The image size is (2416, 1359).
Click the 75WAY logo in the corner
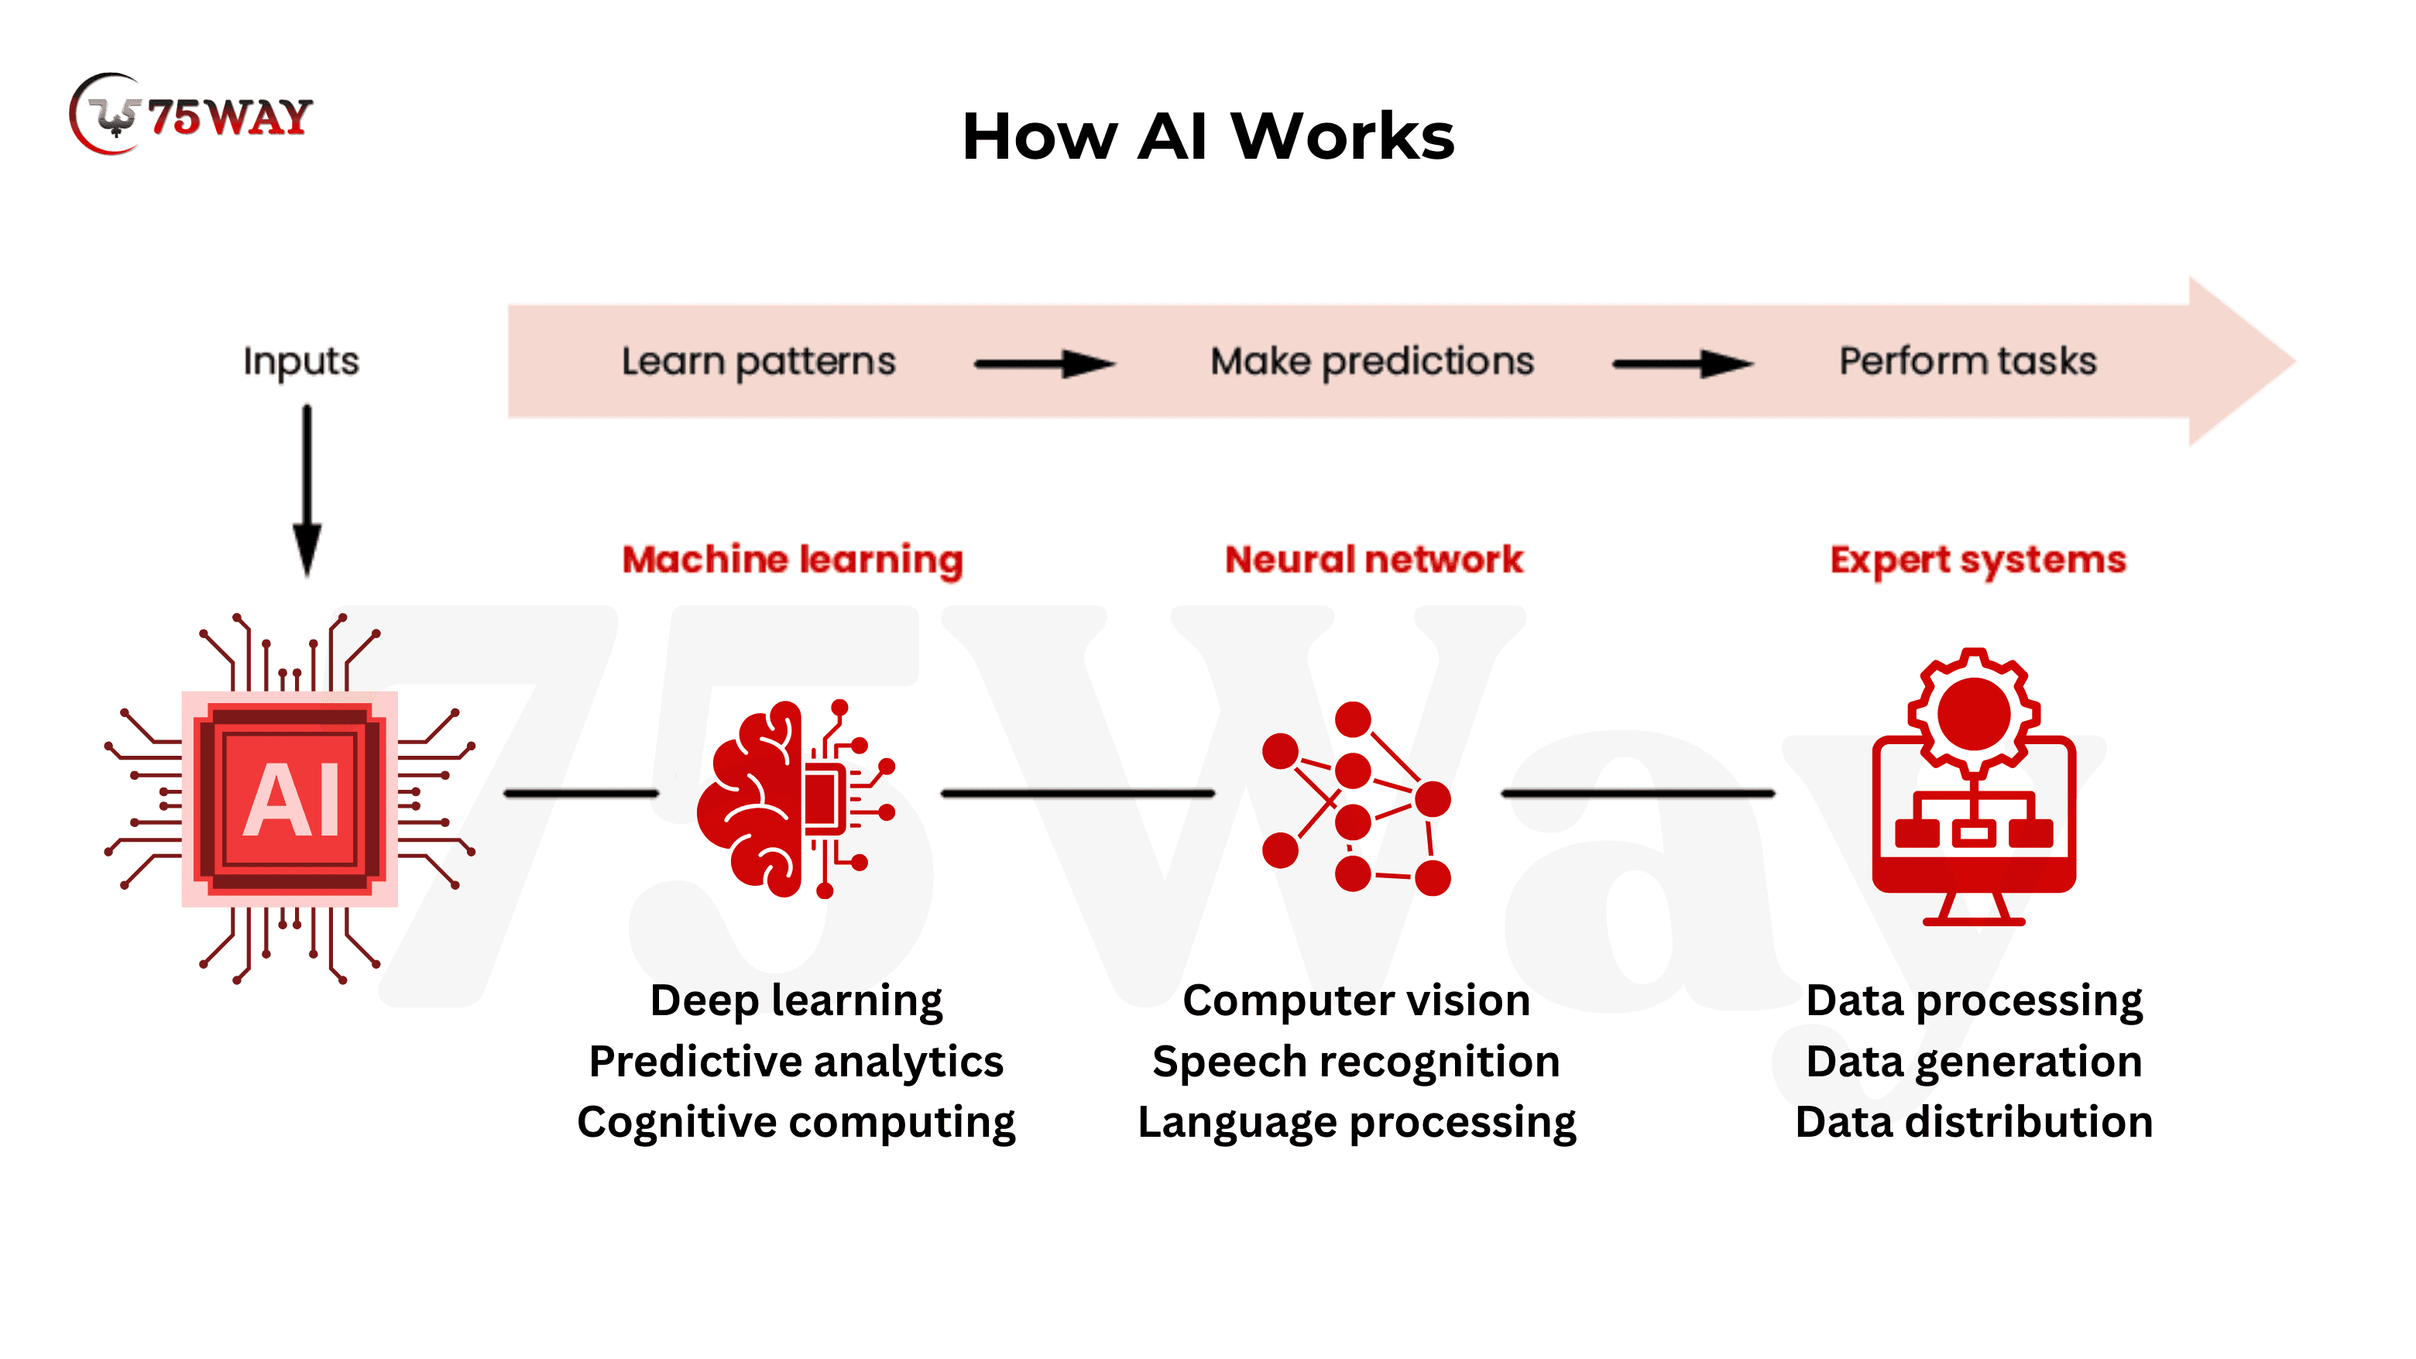click(x=191, y=115)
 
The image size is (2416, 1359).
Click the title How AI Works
click(x=1207, y=137)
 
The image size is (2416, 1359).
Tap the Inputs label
click(x=301, y=361)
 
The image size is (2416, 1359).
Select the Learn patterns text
click(x=758, y=361)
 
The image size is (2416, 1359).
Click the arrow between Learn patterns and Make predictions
click(x=1044, y=363)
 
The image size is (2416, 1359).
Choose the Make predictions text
click(x=1371, y=361)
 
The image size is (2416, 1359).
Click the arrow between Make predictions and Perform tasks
click(x=1682, y=363)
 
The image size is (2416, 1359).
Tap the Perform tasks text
click(x=1967, y=361)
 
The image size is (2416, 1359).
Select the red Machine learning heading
click(x=792, y=560)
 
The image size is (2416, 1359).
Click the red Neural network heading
click(x=1374, y=560)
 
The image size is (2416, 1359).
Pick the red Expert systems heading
click(x=1977, y=560)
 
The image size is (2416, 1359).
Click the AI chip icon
click(x=290, y=799)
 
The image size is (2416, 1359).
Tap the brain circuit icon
click(x=795, y=799)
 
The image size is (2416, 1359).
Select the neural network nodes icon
click(x=1356, y=799)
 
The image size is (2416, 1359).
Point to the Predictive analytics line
click(x=795, y=1062)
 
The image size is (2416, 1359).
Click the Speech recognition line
click(x=1356, y=1062)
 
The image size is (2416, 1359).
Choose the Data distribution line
click(x=1973, y=1123)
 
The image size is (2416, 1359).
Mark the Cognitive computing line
click(x=795, y=1123)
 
